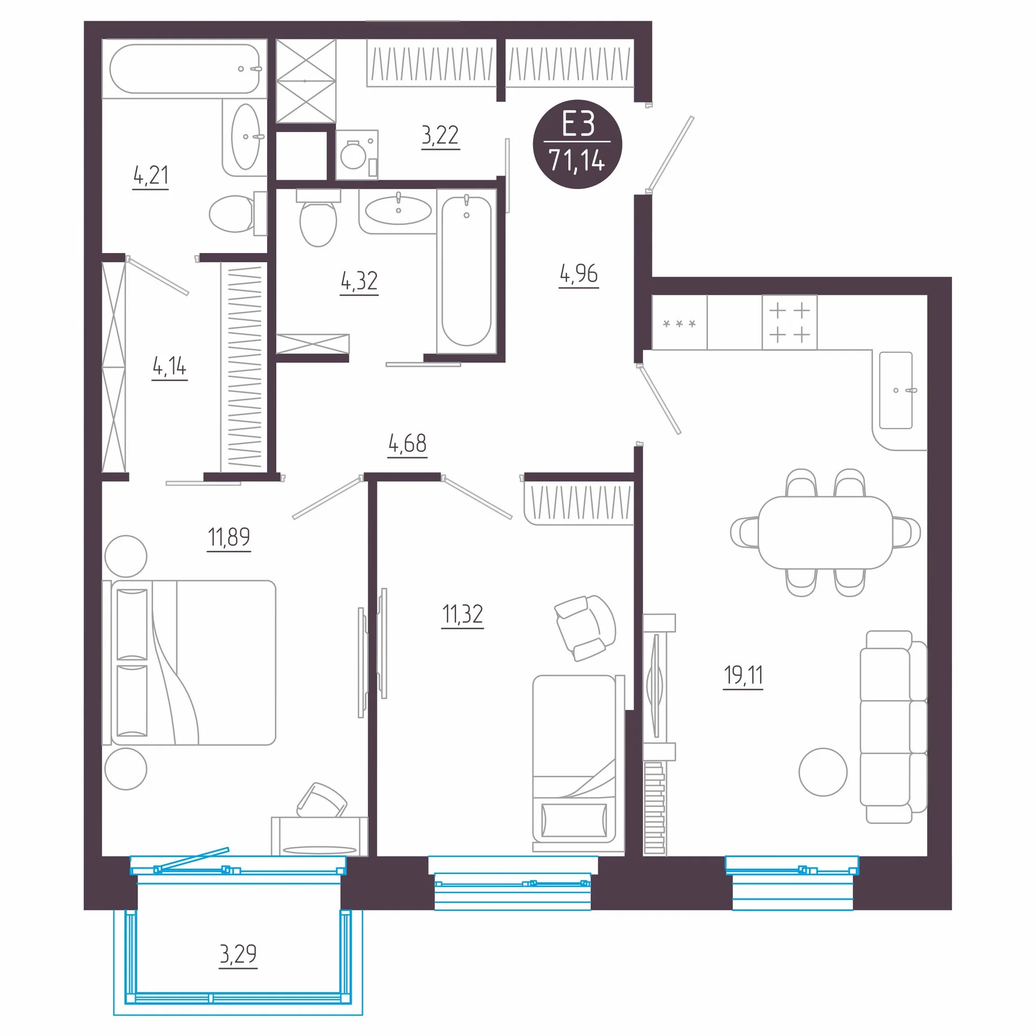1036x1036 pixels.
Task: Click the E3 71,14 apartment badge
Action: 577,144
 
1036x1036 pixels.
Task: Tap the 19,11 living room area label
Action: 743,675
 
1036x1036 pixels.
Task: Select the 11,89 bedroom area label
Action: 229,537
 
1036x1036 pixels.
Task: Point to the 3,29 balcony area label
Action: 238,954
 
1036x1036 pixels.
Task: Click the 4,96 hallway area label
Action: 578,274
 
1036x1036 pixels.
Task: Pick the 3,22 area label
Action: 440,135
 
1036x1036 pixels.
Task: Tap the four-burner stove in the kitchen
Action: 789,322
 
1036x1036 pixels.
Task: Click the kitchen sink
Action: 896,390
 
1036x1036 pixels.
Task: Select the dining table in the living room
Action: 825,533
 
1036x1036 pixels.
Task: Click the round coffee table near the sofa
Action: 823,772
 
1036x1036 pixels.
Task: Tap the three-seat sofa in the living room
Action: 893,727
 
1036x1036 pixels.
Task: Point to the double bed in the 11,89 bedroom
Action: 189,663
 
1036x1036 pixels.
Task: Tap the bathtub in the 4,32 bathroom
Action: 466,271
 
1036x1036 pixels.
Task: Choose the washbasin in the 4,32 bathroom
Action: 398,210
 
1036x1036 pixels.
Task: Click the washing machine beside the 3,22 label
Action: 357,155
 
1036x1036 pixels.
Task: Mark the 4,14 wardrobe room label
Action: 169,367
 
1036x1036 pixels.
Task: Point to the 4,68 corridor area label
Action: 407,444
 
